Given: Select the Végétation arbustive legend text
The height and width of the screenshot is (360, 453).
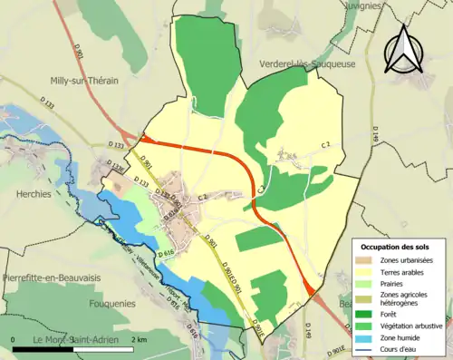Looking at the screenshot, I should click(x=416, y=326).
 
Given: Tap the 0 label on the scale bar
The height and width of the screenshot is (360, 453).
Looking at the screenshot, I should click(x=14, y=339).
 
